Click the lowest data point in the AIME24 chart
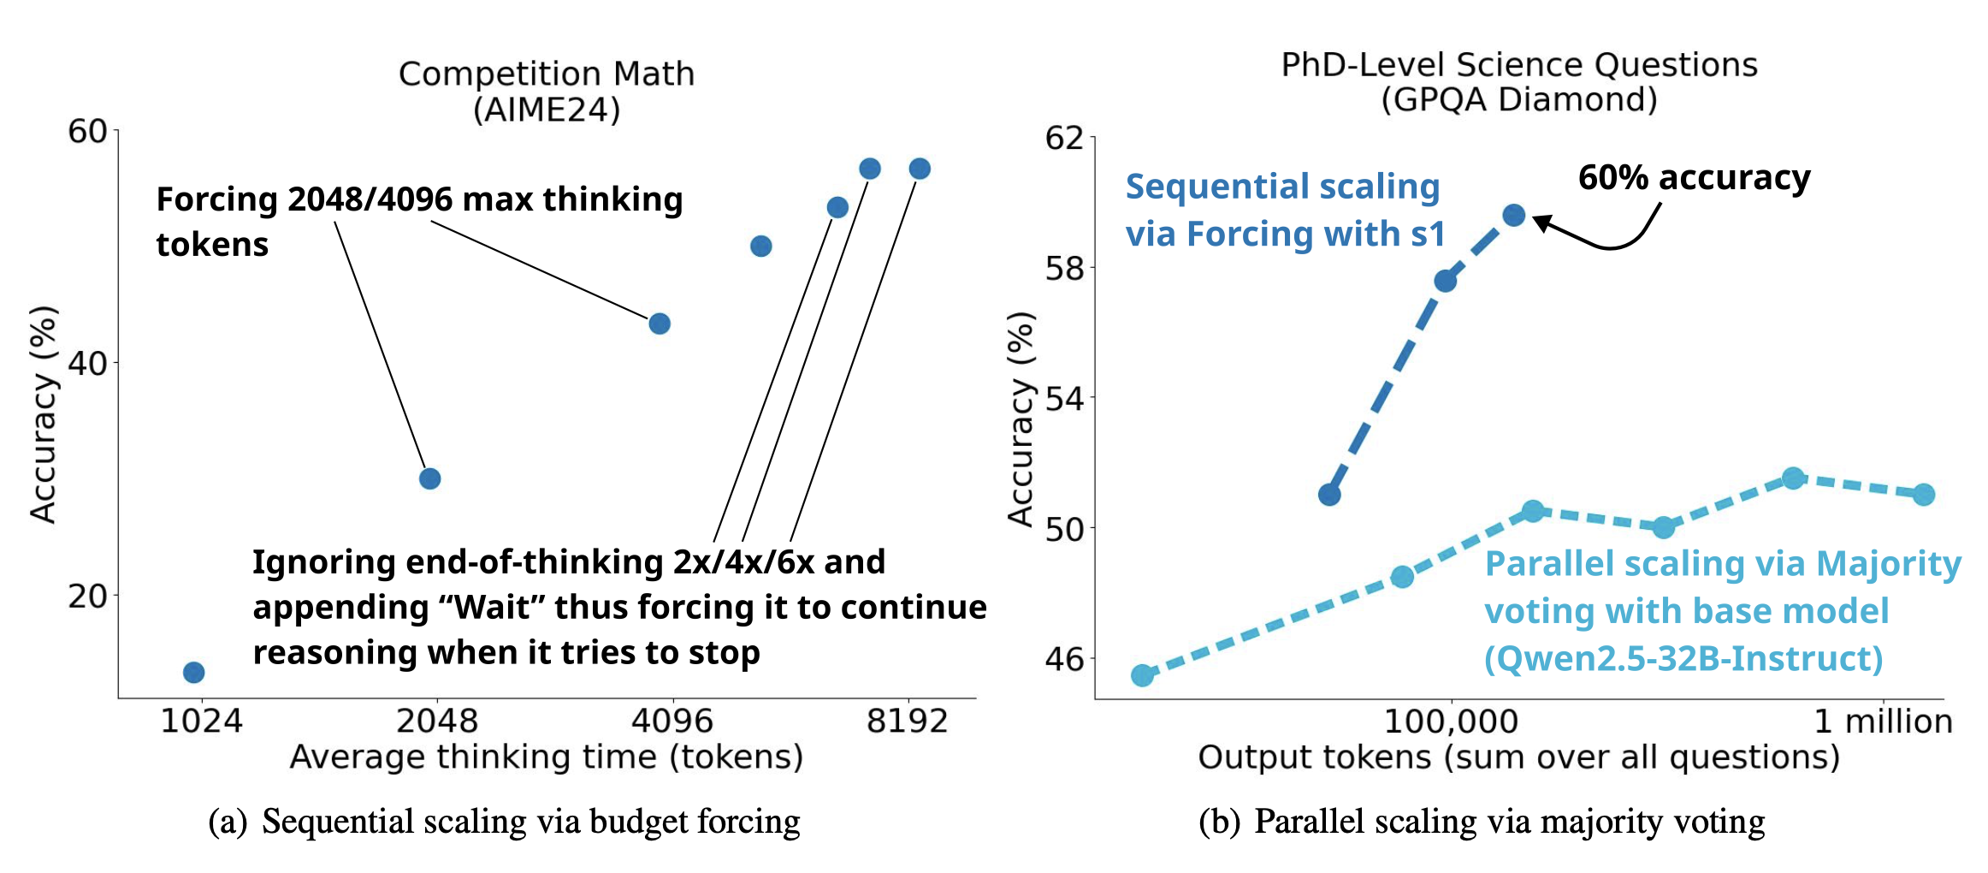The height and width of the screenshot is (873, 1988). point(194,673)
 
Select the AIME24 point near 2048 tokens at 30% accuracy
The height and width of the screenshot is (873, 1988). point(430,478)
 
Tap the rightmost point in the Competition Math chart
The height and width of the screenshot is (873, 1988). point(920,169)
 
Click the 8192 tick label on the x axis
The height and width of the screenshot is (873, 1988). point(907,722)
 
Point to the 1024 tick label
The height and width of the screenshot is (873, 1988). point(202,722)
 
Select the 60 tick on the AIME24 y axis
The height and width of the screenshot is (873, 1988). point(87,131)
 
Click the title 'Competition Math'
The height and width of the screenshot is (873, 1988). point(547,74)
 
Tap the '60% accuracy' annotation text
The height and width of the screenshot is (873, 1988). point(1694,177)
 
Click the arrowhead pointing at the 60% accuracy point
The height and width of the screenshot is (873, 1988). point(1541,223)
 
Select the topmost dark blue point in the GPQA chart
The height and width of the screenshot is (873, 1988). point(1514,215)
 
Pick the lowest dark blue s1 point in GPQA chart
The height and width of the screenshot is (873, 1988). point(1329,495)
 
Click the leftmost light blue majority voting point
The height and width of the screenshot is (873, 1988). point(1142,675)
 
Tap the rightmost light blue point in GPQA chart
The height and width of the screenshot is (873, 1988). point(1924,495)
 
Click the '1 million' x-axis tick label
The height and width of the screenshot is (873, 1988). point(1883,722)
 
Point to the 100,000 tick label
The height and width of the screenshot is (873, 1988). point(1451,722)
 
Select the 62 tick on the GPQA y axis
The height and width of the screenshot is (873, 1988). point(1064,138)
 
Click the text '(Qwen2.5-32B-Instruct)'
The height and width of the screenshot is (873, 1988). point(1683,658)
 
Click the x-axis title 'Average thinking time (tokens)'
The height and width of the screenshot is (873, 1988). point(547,757)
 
